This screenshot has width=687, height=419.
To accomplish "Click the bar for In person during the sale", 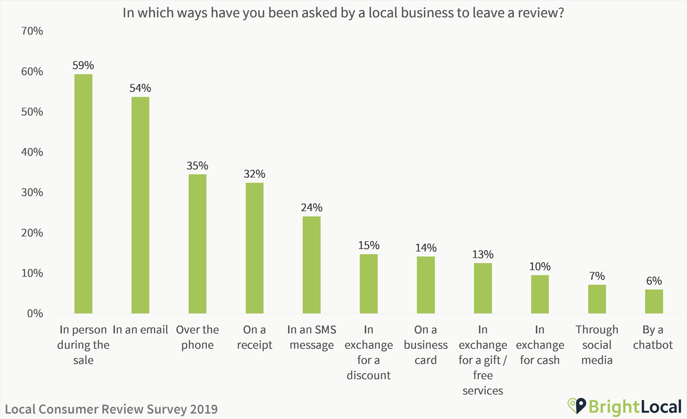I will [83, 194].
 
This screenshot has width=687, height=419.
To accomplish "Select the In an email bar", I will [140, 205].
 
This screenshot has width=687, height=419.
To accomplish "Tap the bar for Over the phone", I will [197, 244].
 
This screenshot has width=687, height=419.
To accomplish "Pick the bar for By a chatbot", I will [654, 301].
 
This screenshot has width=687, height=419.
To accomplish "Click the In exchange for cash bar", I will [540, 294].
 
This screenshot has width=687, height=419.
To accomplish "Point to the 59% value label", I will [83, 66].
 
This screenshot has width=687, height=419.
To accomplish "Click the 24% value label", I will [312, 208].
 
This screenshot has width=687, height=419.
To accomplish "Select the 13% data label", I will [483, 254].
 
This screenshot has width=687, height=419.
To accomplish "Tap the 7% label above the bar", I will [597, 276].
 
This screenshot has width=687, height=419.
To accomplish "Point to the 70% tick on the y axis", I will [32, 31].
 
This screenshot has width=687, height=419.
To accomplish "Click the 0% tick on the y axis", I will [35, 314].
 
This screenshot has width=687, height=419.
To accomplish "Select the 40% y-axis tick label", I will [32, 152].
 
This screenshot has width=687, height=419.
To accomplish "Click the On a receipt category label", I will [254, 337].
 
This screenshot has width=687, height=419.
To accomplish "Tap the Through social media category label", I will [597, 345].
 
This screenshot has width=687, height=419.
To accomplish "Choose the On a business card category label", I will [426, 345].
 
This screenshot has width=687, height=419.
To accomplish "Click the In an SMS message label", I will [312, 337].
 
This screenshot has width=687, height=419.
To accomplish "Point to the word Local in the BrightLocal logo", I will [661, 407].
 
